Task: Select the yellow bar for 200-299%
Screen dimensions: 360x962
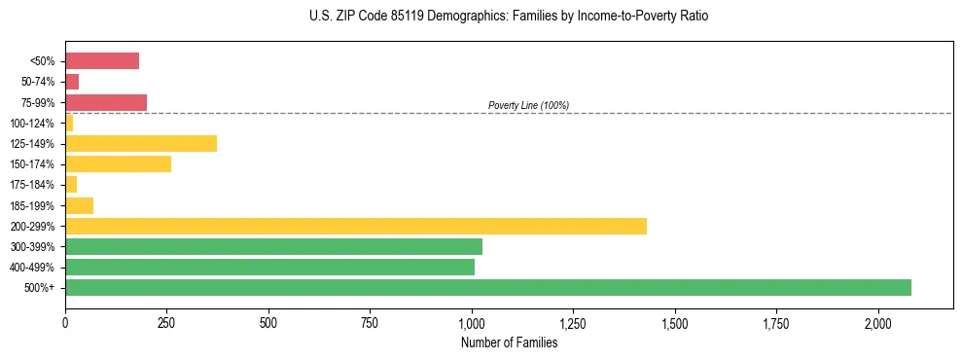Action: [x=356, y=226]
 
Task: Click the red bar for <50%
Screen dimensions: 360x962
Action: [x=102, y=61]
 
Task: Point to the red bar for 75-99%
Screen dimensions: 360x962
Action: [x=106, y=102]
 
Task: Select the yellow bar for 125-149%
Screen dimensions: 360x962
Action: [x=141, y=143]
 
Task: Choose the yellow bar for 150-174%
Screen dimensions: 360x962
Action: [x=118, y=163]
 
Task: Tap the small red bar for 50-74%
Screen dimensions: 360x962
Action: [x=72, y=82]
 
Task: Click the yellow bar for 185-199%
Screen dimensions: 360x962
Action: [x=79, y=205]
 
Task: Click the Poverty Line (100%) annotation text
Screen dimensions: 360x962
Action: [x=528, y=105]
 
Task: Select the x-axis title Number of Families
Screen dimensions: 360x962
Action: [x=509, y=342]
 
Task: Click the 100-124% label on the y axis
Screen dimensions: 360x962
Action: [x=32, y=124]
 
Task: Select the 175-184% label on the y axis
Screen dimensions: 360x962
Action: [x=32, y=185]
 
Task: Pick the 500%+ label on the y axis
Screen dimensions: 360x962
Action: [x=39, y=288]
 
